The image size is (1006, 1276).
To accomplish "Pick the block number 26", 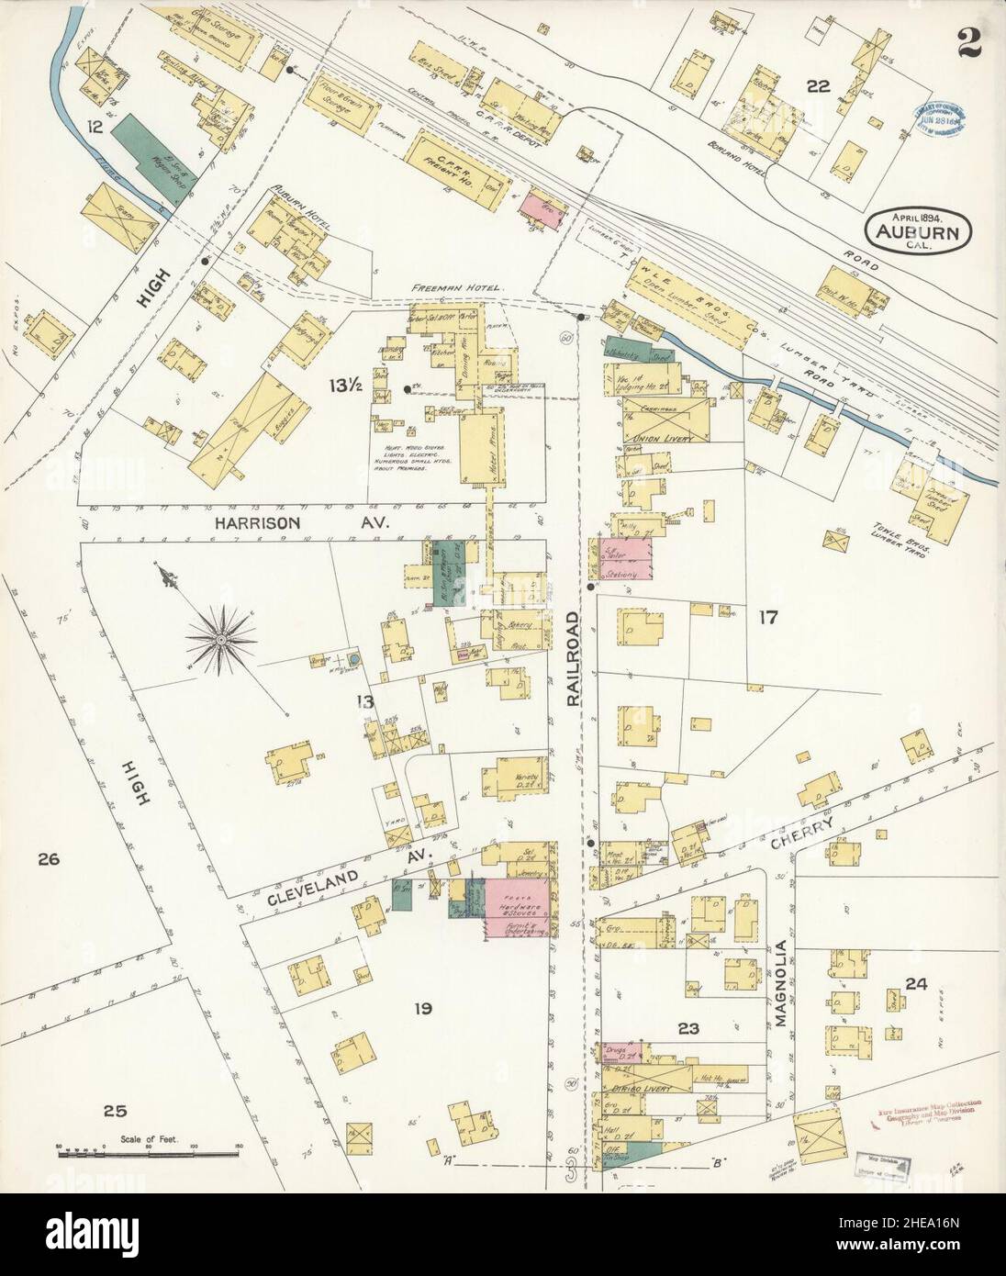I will point(48,859).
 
